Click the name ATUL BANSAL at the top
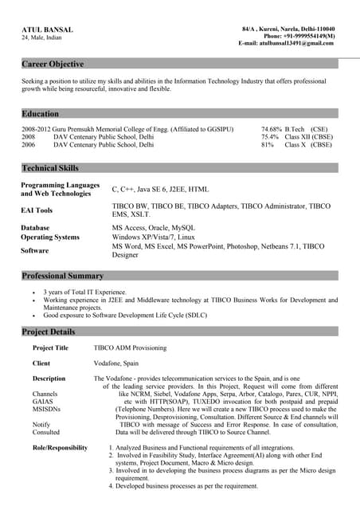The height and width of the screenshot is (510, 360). point(47,29)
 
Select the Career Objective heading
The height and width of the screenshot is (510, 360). point(53,64)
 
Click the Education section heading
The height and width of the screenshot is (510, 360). point(41,114)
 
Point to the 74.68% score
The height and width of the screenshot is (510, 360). point(271,128)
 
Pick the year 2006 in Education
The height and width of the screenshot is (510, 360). point(29,145)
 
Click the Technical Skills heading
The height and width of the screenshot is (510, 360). point(50,168)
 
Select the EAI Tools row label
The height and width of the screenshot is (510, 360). point(37,210)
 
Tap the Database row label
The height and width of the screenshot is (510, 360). point(35,228)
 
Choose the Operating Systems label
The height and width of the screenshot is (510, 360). point(50,237)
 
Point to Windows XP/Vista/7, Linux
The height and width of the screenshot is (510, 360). point(153,237)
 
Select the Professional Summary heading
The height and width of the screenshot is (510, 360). point(63,276)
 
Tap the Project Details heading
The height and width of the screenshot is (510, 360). point(49,331)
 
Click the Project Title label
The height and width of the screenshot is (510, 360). point(50,348)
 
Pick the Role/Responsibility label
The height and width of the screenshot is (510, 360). point(60,448)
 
